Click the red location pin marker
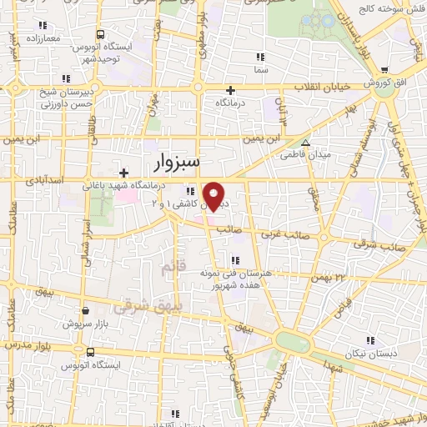tap(215, 195)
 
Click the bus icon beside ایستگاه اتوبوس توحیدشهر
tap(101, 35)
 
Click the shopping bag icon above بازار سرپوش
tap(87, 309)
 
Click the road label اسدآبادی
tap(43, 179)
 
